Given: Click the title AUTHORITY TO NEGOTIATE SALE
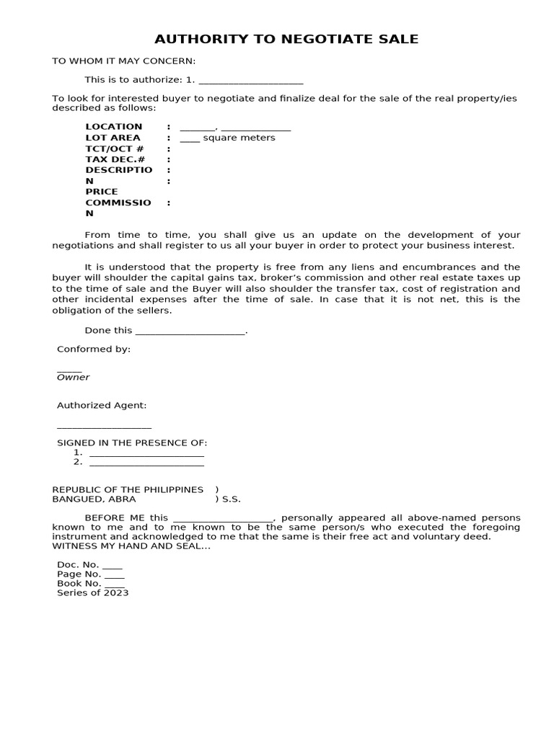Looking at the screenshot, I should pyautogui.click(x=286, y=39).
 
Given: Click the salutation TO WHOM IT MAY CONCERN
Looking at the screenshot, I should pyautogui.click(x=123, y=61).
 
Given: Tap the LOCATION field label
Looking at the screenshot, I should pyautogui.click(x=114, y=127).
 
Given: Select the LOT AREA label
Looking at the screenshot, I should pyautogui.click(x=113, y=138).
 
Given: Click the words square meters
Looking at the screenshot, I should pyautogui.click(x=239, y=138).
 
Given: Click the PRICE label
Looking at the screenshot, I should pyautogui.click(x=102, y=192).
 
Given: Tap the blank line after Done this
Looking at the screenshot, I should pyautogui.click(x=190, y=332).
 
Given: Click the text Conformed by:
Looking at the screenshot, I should pyautogui.click(x=94, y=349).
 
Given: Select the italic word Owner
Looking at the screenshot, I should pyautogui.click(x=74, y=377).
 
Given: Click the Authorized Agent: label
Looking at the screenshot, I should pyautogui.click(x=102, y=406).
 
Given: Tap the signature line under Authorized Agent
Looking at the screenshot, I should pyautogui.click(x=104, y=428).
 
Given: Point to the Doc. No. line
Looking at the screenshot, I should pyautogui.click(x=90, y=565).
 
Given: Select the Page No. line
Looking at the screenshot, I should pyautogui.click(x=91, y=574).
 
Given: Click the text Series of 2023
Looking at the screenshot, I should pyautogui.click(x=93, y=592).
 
